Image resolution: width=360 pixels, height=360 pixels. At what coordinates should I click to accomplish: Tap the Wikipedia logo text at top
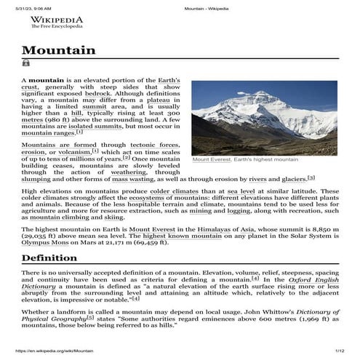click(x=56, y=20)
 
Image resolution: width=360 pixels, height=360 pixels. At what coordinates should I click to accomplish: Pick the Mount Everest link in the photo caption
click(x=211, y=159)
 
